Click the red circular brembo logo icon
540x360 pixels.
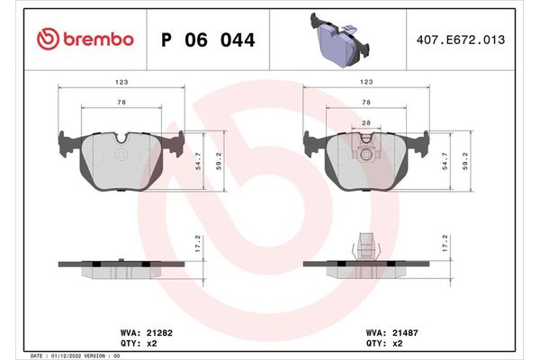pyautogui.click(x=45, y=39)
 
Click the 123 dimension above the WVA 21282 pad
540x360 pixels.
pyautogui.click(x=121, y=81)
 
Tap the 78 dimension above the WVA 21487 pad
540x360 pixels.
pyautogui.click(x=365, y=103)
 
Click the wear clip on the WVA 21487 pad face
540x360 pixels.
pyautogui.click(x=365, y=144)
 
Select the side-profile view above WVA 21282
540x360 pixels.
pyautogui.click(x=121, y=265)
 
